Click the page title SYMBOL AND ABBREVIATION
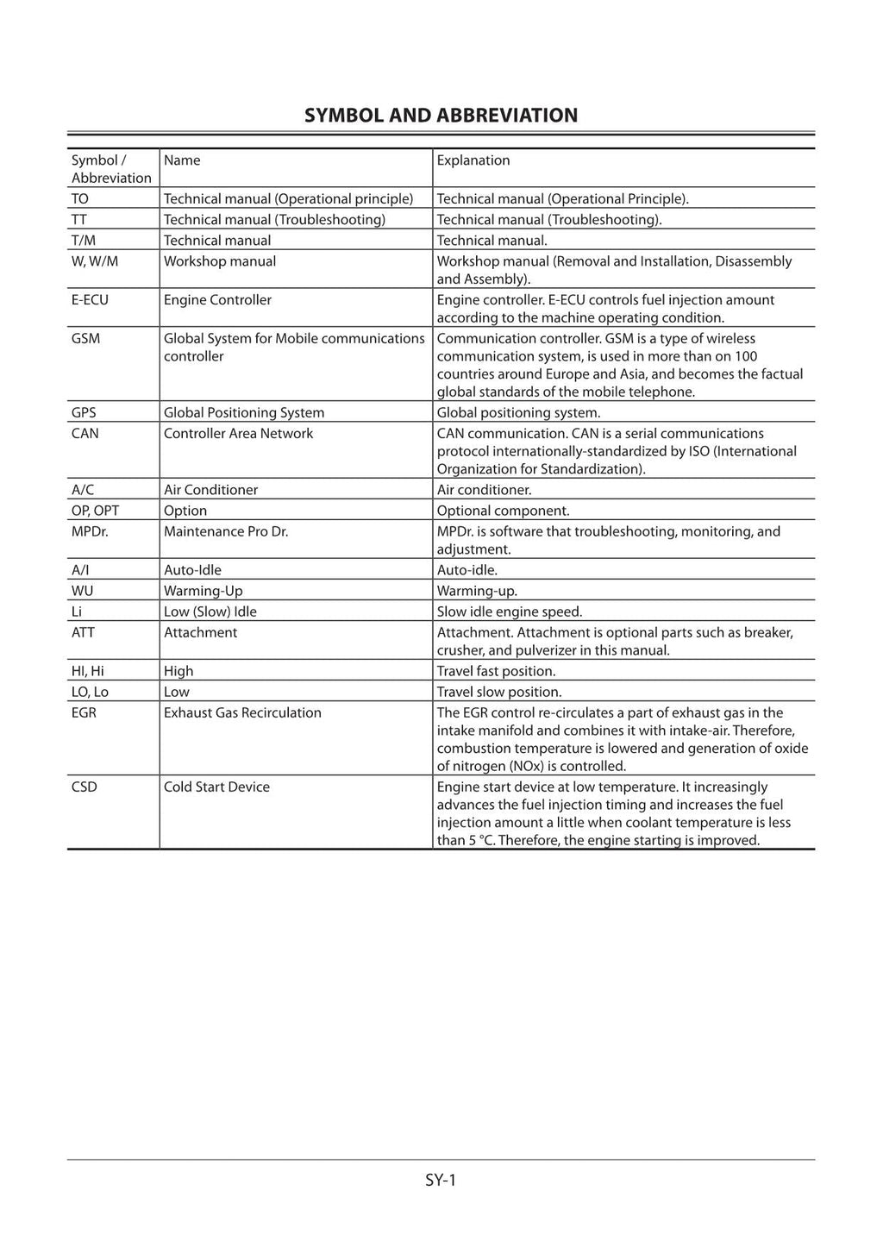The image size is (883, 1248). coord(441,115)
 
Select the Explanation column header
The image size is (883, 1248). coord(473,160)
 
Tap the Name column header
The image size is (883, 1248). coord(182,160)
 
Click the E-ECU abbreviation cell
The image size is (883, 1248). coord(90,300)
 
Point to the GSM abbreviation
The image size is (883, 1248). coord(85,339)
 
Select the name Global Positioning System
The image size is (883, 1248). coord(244,413)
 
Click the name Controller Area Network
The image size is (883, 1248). coord(238,434)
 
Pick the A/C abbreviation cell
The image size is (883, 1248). coord(83,490)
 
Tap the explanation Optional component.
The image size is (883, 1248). coord(503,511)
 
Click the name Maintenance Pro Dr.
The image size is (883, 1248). coord(226,531)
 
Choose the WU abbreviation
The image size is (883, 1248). coord(82,591)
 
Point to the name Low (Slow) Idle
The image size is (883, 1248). coord(210,611)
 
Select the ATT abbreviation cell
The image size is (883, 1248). coord(83,632)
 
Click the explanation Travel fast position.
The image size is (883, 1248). coord(496,671)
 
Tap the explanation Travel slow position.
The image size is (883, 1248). coord(498,692)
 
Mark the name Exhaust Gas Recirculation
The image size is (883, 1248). coord(242,712)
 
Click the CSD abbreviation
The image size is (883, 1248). coord(84,787)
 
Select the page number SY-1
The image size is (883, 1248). coord(440,1180)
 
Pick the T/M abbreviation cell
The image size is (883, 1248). coord(84,241)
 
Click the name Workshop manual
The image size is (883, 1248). coord(220,261)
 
